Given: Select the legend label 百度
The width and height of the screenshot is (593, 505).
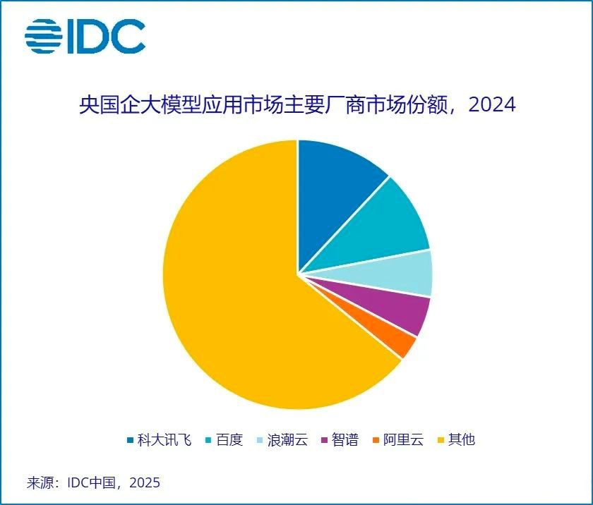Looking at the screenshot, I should (229, 440).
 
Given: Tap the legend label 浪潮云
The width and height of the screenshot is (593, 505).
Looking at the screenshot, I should (289, 440).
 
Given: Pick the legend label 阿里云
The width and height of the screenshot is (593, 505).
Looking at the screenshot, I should (404, 440).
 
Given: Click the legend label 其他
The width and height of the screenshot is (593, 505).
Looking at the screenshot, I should (462, 440).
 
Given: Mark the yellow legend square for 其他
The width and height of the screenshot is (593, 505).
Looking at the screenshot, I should (441, 441).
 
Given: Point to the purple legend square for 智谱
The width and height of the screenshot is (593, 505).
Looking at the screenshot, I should (324, 441).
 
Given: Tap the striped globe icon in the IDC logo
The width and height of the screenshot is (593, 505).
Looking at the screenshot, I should (42, 36).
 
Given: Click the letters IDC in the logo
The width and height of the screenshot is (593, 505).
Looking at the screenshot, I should (106, 36).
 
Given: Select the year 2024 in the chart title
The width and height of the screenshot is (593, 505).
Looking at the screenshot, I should (492, 105).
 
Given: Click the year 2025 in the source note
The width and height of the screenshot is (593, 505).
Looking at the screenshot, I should (144, 483).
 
